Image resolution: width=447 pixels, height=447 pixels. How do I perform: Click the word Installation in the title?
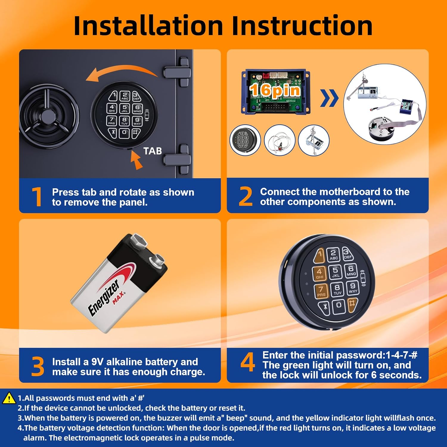tap(148, 26)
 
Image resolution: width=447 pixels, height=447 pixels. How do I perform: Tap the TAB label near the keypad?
tap(153, 151)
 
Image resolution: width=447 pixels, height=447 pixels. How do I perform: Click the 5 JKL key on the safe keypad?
tap(125, 108)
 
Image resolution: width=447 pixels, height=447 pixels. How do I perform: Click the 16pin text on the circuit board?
tap(275, 90)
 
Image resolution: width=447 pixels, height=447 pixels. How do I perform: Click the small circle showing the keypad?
tap(245, 140)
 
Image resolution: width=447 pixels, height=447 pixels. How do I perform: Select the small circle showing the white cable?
tap(280, 140)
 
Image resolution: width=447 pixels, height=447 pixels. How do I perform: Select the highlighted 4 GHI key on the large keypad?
tap(319, 274)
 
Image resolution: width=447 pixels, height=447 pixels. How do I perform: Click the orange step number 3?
tap(38, 366)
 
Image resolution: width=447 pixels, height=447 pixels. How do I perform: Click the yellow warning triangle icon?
tap(9, 398)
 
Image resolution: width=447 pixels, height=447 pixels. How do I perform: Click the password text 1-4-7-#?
tap(401, 355)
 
